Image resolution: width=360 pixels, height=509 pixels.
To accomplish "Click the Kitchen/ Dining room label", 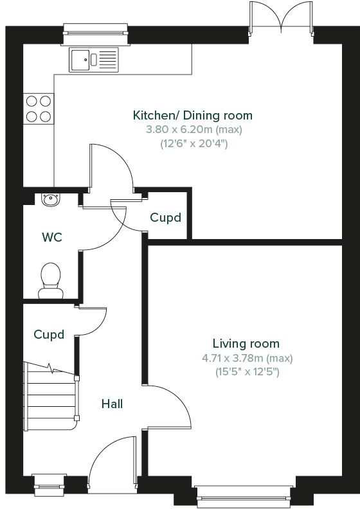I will tap(183, 116).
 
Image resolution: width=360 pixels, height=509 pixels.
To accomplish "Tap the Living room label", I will tap(246, 344).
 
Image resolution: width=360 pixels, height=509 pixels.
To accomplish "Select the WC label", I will tap(52, 237).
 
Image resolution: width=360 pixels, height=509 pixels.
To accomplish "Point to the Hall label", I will tap(112, 404).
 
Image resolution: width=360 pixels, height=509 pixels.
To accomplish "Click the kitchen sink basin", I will tap(81, 59).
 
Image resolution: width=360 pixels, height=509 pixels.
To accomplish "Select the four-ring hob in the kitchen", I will tap(38, 108).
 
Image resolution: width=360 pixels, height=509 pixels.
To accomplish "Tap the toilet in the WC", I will tap(49, 280).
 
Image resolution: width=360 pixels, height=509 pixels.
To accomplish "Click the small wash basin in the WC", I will tap(49, 199).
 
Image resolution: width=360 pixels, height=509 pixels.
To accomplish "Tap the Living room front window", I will tap(245, 494).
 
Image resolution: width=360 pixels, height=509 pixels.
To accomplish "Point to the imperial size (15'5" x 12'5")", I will tap(246, 371).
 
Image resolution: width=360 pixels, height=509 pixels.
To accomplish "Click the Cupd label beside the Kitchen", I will tap(165, 218).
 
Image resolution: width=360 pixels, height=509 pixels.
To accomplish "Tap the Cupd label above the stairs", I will tap(49, 335).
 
